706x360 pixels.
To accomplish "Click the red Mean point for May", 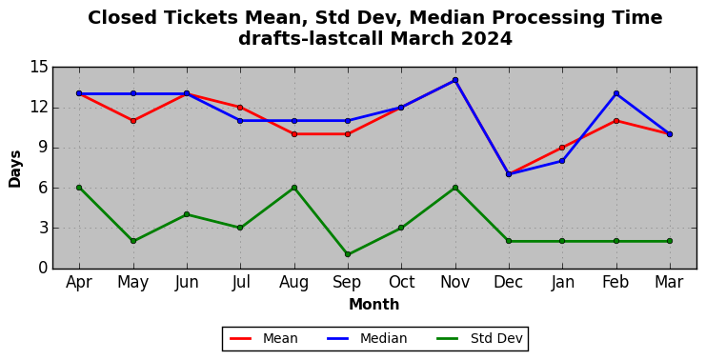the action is (133, 121).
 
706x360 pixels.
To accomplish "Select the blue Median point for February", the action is (615, 93).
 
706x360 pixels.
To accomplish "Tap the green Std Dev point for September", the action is (348, 254).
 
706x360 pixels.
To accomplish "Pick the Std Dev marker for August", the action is (294, 188).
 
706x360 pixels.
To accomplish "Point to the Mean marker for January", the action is (562, 148).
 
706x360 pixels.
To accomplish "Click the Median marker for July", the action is (240, 121).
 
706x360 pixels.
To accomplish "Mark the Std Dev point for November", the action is (455, 188).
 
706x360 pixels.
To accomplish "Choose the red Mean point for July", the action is (240, 107).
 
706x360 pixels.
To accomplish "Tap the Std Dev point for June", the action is (187, 214).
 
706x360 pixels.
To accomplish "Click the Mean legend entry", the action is (263, 338).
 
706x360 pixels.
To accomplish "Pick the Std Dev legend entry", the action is (479, 338).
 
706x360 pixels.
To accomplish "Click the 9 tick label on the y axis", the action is (43, 148).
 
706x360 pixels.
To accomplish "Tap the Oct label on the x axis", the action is (402, 282).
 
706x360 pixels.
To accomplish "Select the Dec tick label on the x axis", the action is (509, 282).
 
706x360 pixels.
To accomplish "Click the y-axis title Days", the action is (15, 169).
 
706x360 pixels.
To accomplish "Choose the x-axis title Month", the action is (374, 304).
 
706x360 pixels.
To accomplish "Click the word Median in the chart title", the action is (446, 18).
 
